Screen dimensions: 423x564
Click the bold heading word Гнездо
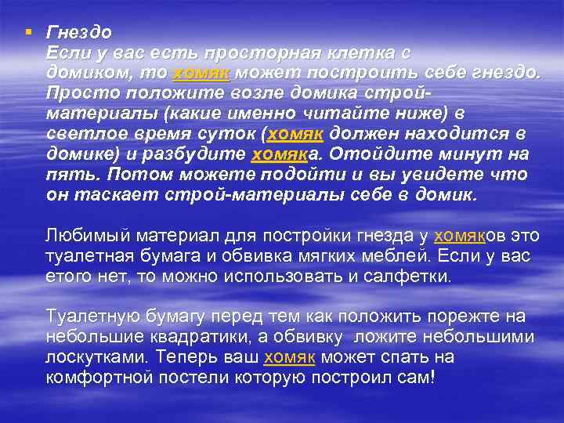(x=79, y=33)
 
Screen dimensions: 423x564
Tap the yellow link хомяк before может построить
(x=201, y=73)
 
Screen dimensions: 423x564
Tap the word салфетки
(x=409, y=276)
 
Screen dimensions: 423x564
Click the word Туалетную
(x=92, y=316)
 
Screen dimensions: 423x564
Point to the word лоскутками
(x=96, y=357)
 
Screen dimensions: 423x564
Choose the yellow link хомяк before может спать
(x=290, y=357)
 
